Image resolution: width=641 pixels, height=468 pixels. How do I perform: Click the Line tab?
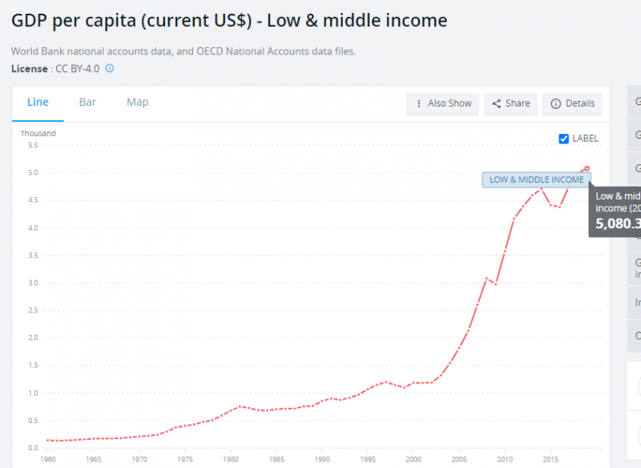[x=38, y=102]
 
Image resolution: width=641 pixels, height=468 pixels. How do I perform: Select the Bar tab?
[x=87, y=102]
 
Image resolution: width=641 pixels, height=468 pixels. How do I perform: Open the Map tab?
[x=137, y=102]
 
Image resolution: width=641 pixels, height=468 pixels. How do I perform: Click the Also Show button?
[x=442, y=103]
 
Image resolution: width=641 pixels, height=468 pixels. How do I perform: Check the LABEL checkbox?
[x=564, y=139]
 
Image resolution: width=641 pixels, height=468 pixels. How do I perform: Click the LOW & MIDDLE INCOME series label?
[x=536, y=180]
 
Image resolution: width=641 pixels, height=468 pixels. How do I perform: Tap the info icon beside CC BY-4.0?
[x=110, y=68]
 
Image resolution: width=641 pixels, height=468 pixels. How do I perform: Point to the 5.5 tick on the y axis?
[x=33, y=145]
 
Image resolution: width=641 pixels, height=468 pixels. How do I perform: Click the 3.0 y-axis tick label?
[x=33, y=283]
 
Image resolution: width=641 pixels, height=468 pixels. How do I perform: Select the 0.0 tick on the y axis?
[x=33, y=448]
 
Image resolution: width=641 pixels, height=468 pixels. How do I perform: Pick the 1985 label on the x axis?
[x=276, y=460]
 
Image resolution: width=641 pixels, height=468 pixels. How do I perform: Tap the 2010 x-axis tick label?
[x=505, y=460]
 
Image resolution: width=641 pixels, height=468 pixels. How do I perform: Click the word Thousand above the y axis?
[x=38, y=133]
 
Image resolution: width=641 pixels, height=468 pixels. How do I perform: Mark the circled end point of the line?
[x=587, y=168]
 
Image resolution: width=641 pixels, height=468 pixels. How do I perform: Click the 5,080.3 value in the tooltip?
[x=616, y=224]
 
